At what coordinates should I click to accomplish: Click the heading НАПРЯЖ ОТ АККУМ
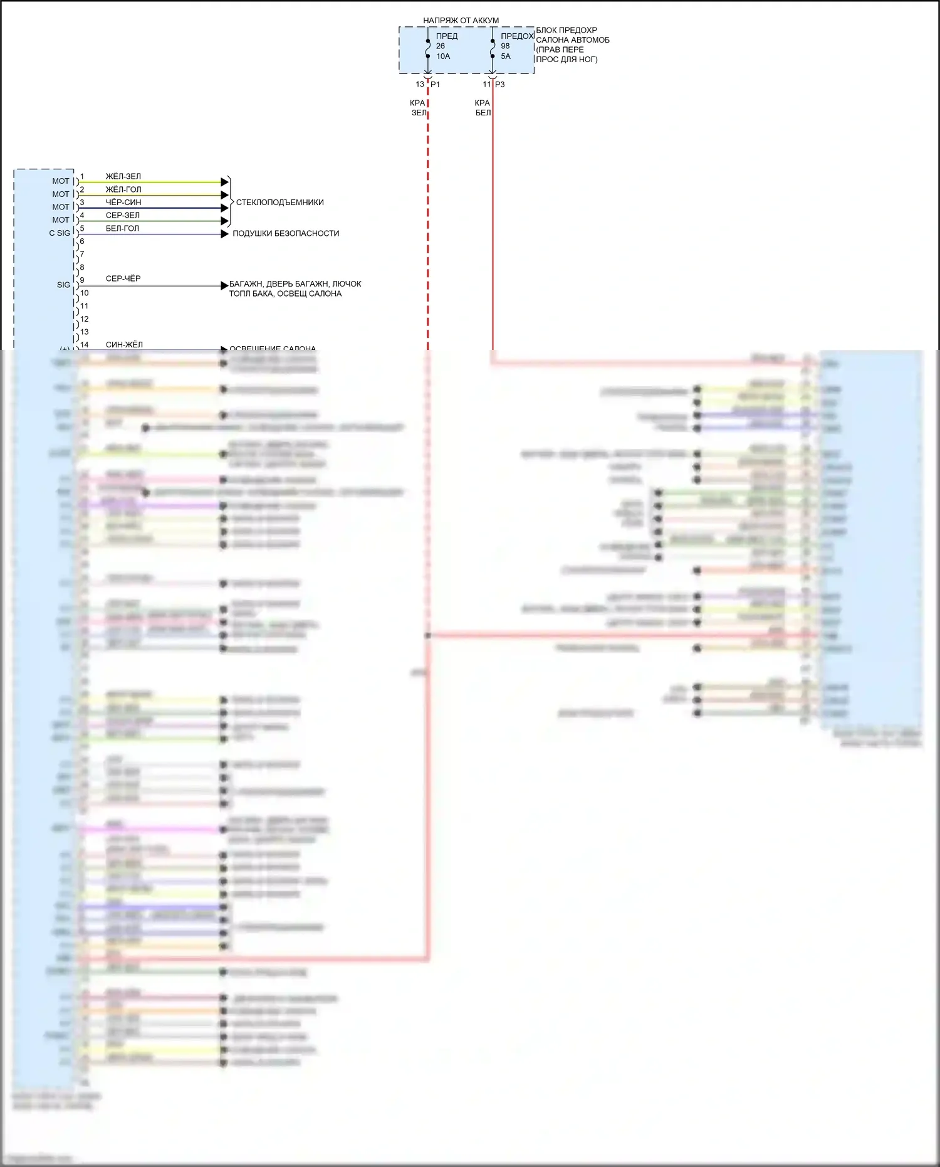tap(461, 21)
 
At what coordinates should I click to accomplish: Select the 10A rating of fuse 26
tap(443, 56)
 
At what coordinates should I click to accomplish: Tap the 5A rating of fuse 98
tap(506, 56)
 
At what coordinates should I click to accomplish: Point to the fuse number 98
tap(505, 46)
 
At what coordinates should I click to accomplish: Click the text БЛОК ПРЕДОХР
tap(567, 30)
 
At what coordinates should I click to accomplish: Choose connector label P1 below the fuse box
tap(436, 85)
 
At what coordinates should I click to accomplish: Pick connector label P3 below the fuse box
tap(500, 85)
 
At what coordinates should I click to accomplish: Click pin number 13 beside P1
tap(420, 85)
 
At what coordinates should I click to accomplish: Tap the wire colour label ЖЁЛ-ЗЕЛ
tap(123, 176)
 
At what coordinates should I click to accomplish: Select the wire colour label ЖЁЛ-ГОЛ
tap(123, 189)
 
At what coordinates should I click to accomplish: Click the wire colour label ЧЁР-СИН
tap(123, 203)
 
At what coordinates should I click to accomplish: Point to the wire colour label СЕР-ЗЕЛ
tap(122, 215)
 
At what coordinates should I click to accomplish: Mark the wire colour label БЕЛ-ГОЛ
tap(122, 228)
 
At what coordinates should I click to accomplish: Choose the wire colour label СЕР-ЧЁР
tap(123, 278)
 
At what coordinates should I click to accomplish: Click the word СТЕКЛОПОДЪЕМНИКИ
tap(279, 203)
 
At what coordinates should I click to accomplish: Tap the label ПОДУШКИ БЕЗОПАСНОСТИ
tap(286, 233)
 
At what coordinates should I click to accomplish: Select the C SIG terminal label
tap(60, 233)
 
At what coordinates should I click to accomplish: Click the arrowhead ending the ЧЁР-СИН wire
tap(224, 208)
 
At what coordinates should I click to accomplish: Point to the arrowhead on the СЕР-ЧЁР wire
tap(224, 286)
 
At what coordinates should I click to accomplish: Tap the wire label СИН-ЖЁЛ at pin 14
tap(124, 344)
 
